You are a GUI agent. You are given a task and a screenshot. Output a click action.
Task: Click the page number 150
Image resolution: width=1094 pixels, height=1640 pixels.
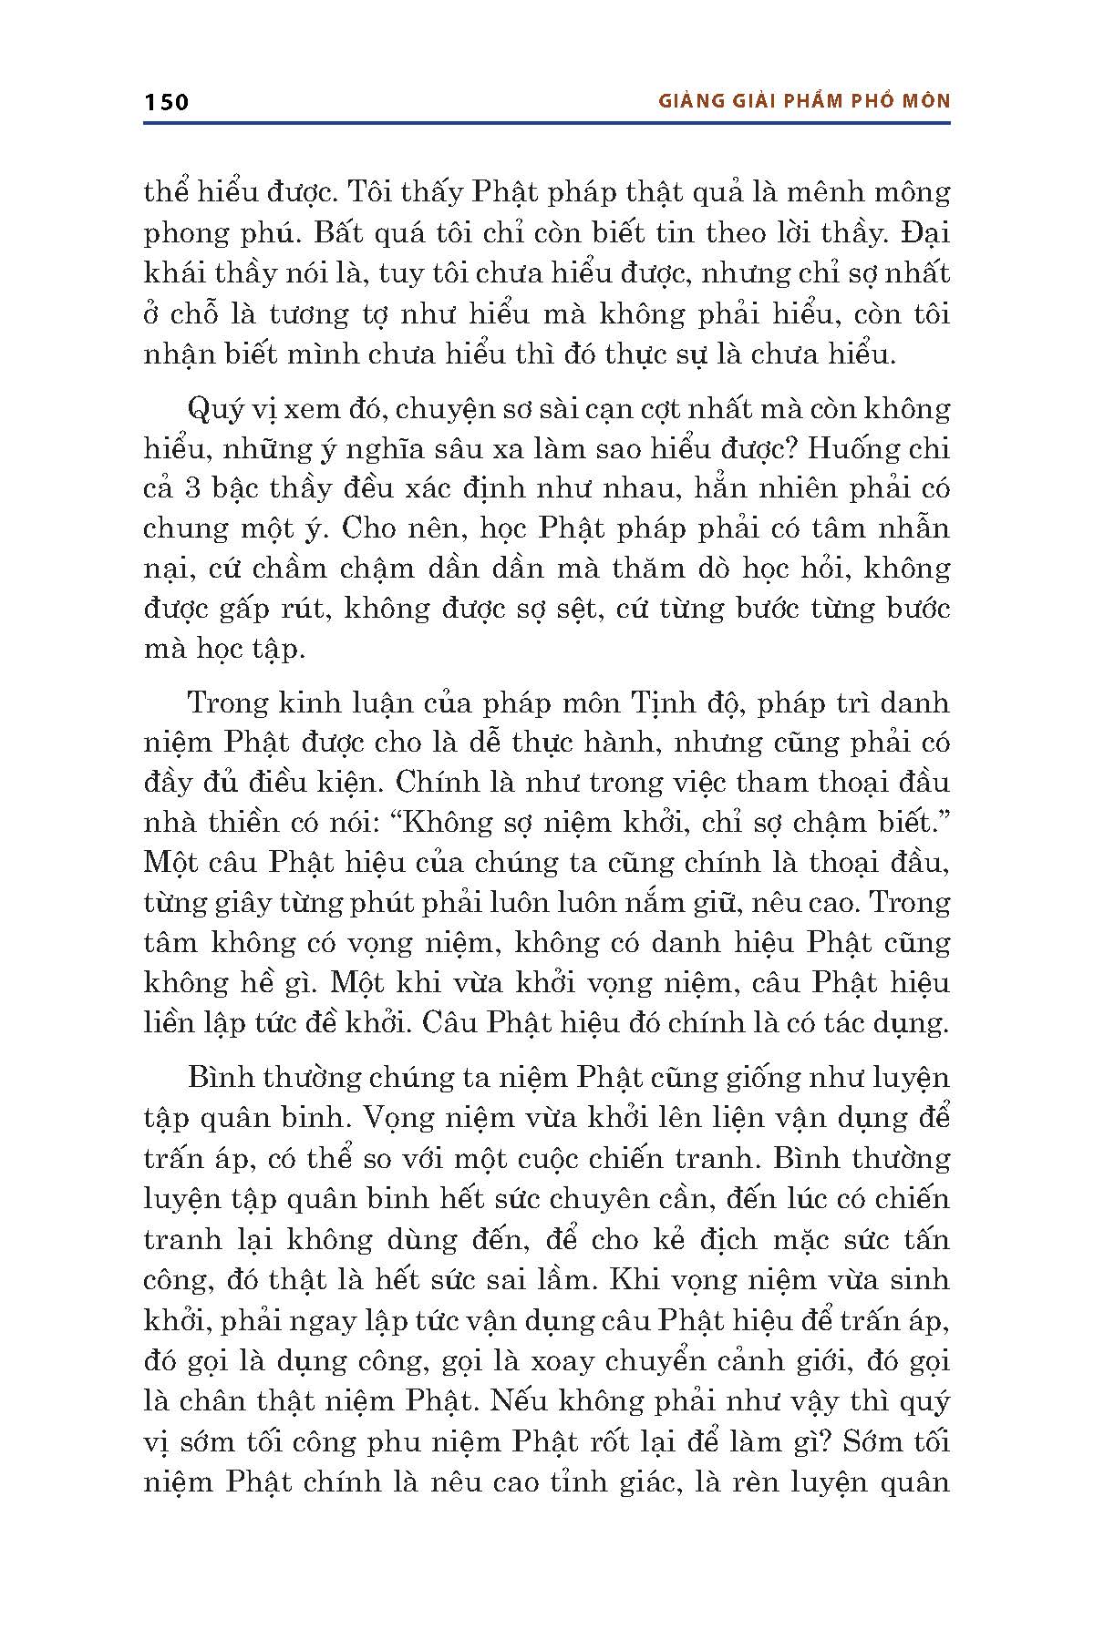pyautogui.click(x=166, y=101)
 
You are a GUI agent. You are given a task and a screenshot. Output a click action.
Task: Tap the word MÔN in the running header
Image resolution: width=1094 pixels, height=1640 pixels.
pyautogui.click(x=924, y=101)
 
